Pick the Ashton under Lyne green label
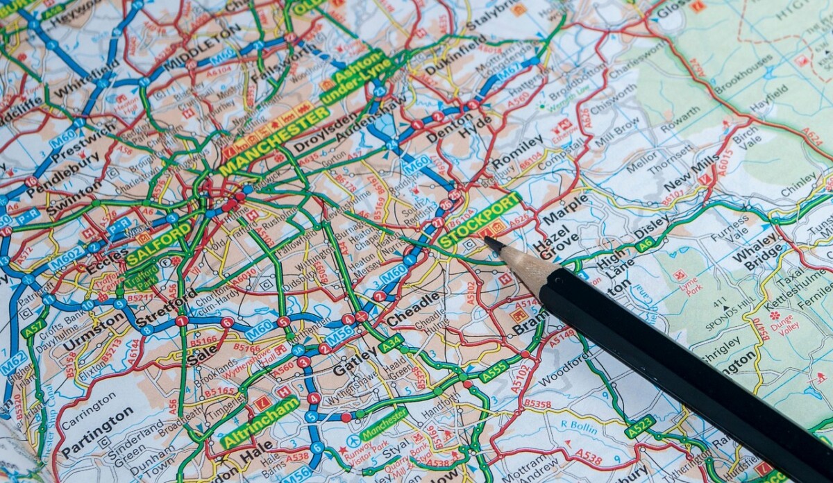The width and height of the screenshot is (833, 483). click(357, 76)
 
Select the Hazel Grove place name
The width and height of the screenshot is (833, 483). click(553, 243)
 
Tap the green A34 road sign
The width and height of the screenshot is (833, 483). click(391, 343)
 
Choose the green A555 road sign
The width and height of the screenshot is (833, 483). click(494, 371)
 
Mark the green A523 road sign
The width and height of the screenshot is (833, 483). click(639, 426)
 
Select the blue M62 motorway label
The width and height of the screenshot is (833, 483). click(12, 364)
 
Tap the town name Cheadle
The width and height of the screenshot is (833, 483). click(413, 310)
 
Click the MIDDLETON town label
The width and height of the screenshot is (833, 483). click(201, 49)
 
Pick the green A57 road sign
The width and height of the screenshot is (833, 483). click(33, 328)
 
